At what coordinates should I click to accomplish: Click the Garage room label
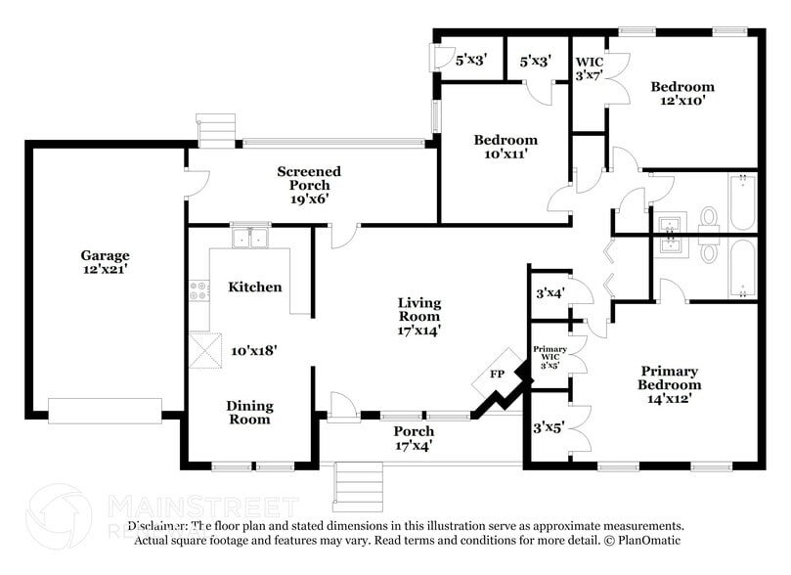coord(105,255)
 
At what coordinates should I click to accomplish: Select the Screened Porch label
coord(309,178)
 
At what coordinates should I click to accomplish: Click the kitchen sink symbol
coord(250,238)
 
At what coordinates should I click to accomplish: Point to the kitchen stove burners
coord(198,290)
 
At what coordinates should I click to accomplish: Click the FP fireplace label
coord(497,374)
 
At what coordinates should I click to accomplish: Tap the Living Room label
coord(418,309)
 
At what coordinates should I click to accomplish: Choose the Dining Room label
coord(249,412)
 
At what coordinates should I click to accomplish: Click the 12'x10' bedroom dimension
coord(681,99)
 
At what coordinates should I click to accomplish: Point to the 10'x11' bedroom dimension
coord(505,153)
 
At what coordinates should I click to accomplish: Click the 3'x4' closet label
coord(550,292)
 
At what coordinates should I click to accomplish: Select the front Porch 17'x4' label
coord(414,438)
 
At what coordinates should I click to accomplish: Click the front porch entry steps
coord(358,485)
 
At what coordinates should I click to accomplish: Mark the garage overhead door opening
coord(106,410)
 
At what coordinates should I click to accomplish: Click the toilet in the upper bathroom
coord(709,216)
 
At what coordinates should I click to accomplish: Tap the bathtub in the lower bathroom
coord(742,267)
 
